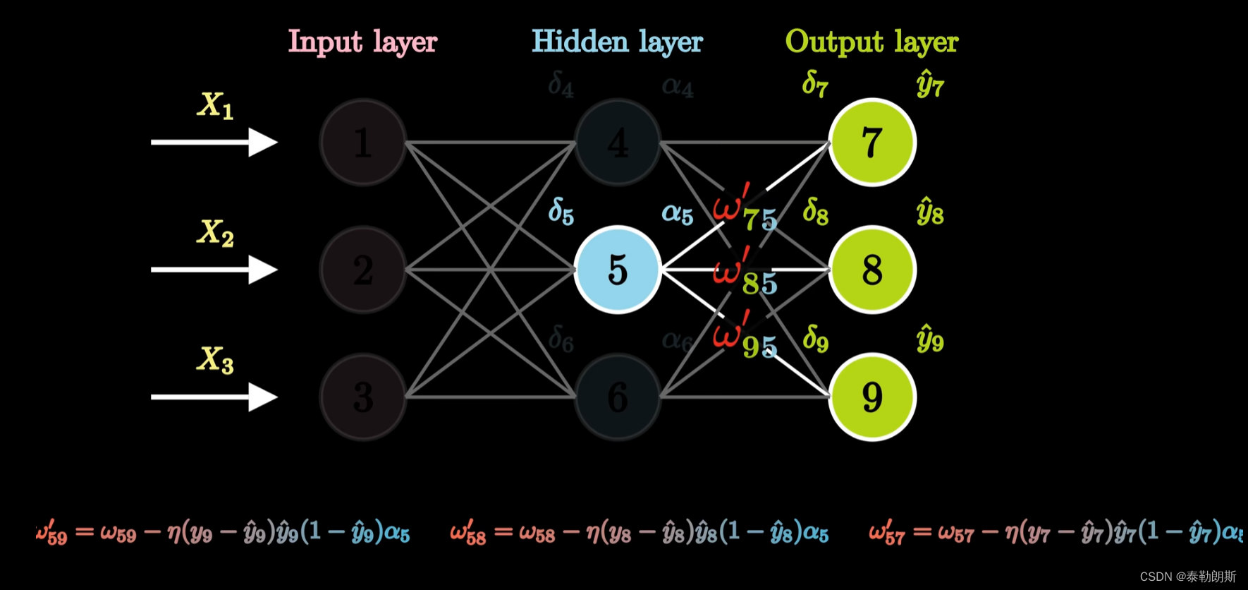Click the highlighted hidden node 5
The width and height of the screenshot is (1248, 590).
pyautogui.click(x=618, y=270)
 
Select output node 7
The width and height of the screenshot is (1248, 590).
pyautogui.click(x=872, y=142)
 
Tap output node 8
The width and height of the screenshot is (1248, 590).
pyautogui.click(x=872, y=270)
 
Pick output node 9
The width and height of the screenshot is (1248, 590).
pyautogui.click(x=872, y=397)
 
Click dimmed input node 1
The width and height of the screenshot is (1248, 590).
pyautogui.click(x=363, y=142)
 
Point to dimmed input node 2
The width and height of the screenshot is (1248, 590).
pyautogui.click(x=363, y=270)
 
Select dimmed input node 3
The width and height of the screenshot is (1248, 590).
pyautogui.click(x=363, y=397)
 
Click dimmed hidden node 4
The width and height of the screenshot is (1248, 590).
pyautogui.click(x=618, y=142)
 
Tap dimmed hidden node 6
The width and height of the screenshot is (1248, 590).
pyautogui.click(x=618, y=397)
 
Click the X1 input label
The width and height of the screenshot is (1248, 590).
pyautogui.click(x=215, y=106)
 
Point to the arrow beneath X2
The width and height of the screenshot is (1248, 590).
pyautogui.click(x=214, y=270)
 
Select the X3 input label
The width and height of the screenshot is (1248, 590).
pyautogui.click(x=215, y=360)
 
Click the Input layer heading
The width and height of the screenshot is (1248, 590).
pyautogui.click(x=363, y=42)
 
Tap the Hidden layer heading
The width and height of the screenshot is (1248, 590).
pyautogui.click(x=617, y=42)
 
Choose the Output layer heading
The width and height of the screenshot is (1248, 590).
pyautogui.click(x=871, y=42)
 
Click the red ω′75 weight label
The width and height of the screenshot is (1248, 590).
pyautogui.click(x=744, y=210)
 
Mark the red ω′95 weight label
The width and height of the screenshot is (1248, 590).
pyautogui.click(x=744, y=337)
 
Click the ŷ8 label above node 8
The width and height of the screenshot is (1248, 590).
pyautogui.click(x=930, y=212)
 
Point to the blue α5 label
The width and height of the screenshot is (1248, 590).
pyautogui.click(x=677, y=214)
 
